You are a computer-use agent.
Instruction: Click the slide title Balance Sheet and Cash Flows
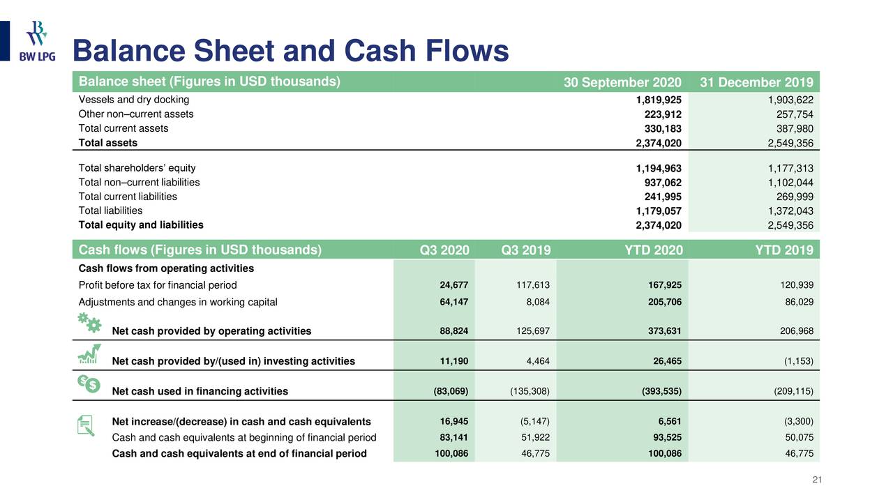click(x=291, y=52)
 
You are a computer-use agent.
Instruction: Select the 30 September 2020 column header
click(x=622, y=84)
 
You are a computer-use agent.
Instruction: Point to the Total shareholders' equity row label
click(x=137, y=168)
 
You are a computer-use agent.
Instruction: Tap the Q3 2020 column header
click(x=445, y=250)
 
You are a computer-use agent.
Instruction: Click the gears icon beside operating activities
click(x=89, y=323)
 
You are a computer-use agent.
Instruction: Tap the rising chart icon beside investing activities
click(x=89, y=354)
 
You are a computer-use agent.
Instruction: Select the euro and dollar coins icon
click(x=89, y=383)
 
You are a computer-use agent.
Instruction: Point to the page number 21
click(x=818, y=479)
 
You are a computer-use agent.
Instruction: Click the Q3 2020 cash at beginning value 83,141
click(x=453, y=438)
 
